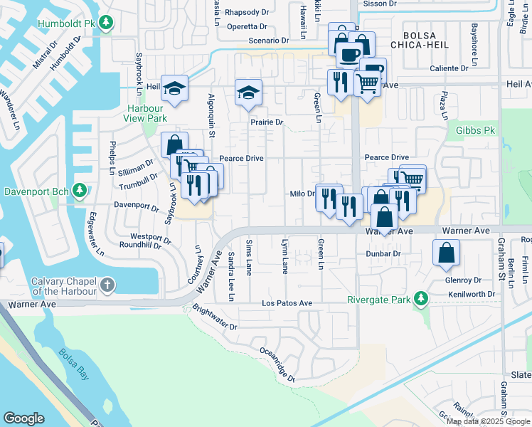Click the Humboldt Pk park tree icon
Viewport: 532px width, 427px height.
(107, 23)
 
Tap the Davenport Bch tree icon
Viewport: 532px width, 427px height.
(80, 191)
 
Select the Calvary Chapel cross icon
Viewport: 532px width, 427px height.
(107, 286)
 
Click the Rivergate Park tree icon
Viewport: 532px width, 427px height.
(420, 298)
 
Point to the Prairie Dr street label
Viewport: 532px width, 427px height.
(266, 122)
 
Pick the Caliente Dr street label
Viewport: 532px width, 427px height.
(449, 68)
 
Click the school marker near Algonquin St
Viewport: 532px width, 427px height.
(174, 88)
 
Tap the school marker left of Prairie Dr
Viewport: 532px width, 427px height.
(249, 93)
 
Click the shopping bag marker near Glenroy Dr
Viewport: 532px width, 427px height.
(446, 253)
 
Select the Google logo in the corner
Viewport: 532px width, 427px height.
(24, 418)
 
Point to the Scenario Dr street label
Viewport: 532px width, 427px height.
(267, 41)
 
